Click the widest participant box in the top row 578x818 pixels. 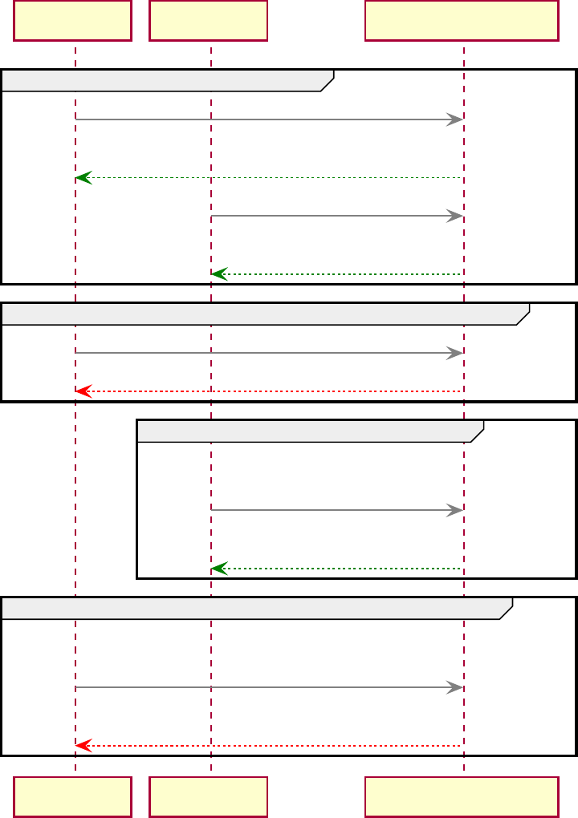click(x=462, y=20)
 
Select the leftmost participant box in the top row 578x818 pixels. click(x=72, y=20)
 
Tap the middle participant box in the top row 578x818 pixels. click(x=208, y=20)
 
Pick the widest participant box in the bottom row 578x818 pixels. click(x=462, y=796)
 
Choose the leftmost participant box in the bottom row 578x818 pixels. click(x=72, y=796)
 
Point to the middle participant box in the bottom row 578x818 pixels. click(x=208, y=796)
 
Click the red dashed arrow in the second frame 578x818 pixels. click(x=269, y=391)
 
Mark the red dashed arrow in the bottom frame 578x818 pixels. click(x=269, y=746)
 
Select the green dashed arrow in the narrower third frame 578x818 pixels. click(x=337, y=569)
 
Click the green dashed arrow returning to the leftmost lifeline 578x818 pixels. click(x=269, y=177)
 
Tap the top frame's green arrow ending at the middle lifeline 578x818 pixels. click(x=337, y=274)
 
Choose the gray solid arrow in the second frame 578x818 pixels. click(x=269, y=353)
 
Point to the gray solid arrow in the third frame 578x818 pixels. click(x=337, y=510)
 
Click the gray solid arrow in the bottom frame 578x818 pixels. click(x=269, y=687)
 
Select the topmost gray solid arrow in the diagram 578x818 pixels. click(x=269, y=119)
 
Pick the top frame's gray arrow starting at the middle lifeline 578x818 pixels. click(x=337, y=216)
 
